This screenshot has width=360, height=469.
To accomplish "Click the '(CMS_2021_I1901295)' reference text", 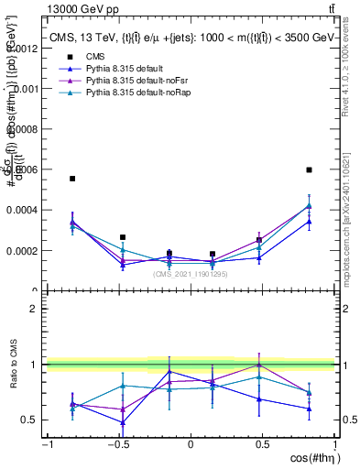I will pyautogui.click(x=191, y=274).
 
